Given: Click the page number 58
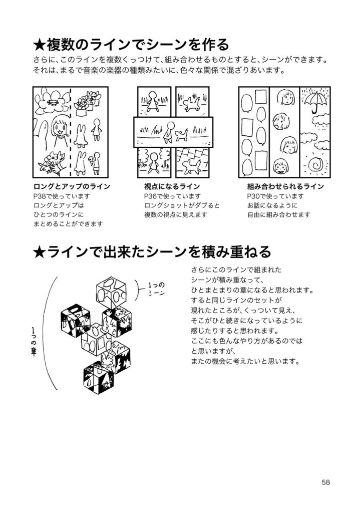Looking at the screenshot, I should pyautogui.click(x=325, y=482).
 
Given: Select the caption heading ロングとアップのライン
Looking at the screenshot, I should pyautogui.click(x=71, y=186).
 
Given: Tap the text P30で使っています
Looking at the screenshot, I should pyautogui.click(x=275, y=196).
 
